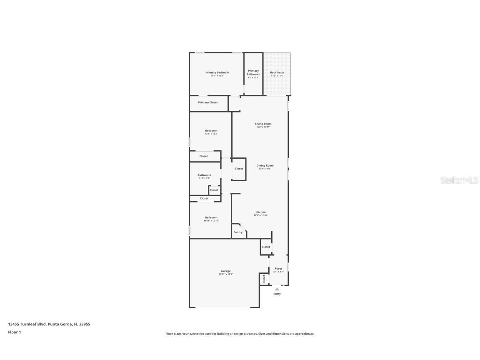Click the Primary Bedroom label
pyautogui.click(x=217, y=72)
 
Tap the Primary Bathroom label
pyautogui.click(x=253, y=72)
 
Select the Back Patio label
pyautogui.click(x=277, y=72)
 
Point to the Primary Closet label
pyautogui.click(x=208, y=102)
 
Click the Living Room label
pyautogui.click(x=263, y=124)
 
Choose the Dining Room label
pyautogui.click(x=265, y=165)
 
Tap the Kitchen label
pyautogui.click(x=260, y=212)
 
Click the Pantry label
pyautogui.click(x=238, y=232)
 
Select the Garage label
pyautogui.click(x=226, y=271)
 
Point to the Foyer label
pyautogui.click(x=278, y=269)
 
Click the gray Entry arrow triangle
pyautogui.click(x=277, y=288)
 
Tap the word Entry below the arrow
pyautogui.click(x=277, y=294)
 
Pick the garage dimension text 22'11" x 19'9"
pyautogui.click(x=226, y=274)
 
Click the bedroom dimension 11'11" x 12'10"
pyautogui.click(x=211, y=220)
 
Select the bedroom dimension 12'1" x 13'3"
pyautogui.click(x=211, y=134)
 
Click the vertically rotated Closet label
pyautogui.click(x=264, y=279)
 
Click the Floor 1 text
pyautogui.click(x=14, y=332)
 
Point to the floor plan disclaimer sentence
pyautogui.click(x=240, y=334)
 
